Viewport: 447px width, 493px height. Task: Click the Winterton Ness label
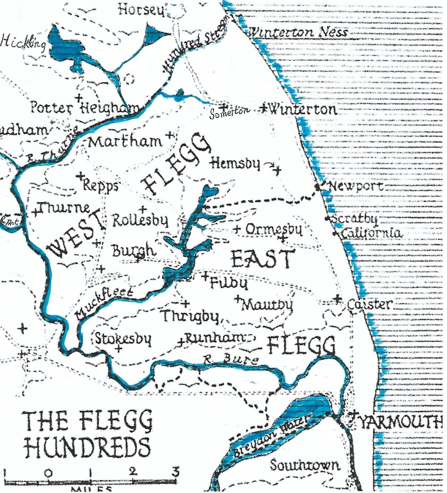(298, 32)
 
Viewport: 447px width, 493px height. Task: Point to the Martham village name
(125, 142)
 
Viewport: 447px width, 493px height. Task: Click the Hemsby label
(235, 164)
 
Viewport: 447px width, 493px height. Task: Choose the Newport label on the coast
(355, 186)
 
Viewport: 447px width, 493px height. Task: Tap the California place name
(371, 233)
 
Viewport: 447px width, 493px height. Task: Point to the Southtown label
(304, 465)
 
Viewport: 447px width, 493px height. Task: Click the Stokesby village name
(123, 339)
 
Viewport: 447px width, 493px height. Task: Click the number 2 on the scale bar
(133, 471)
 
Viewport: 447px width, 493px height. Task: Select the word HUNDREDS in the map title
(87, 446)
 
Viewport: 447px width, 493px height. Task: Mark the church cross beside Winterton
(264, 108)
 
